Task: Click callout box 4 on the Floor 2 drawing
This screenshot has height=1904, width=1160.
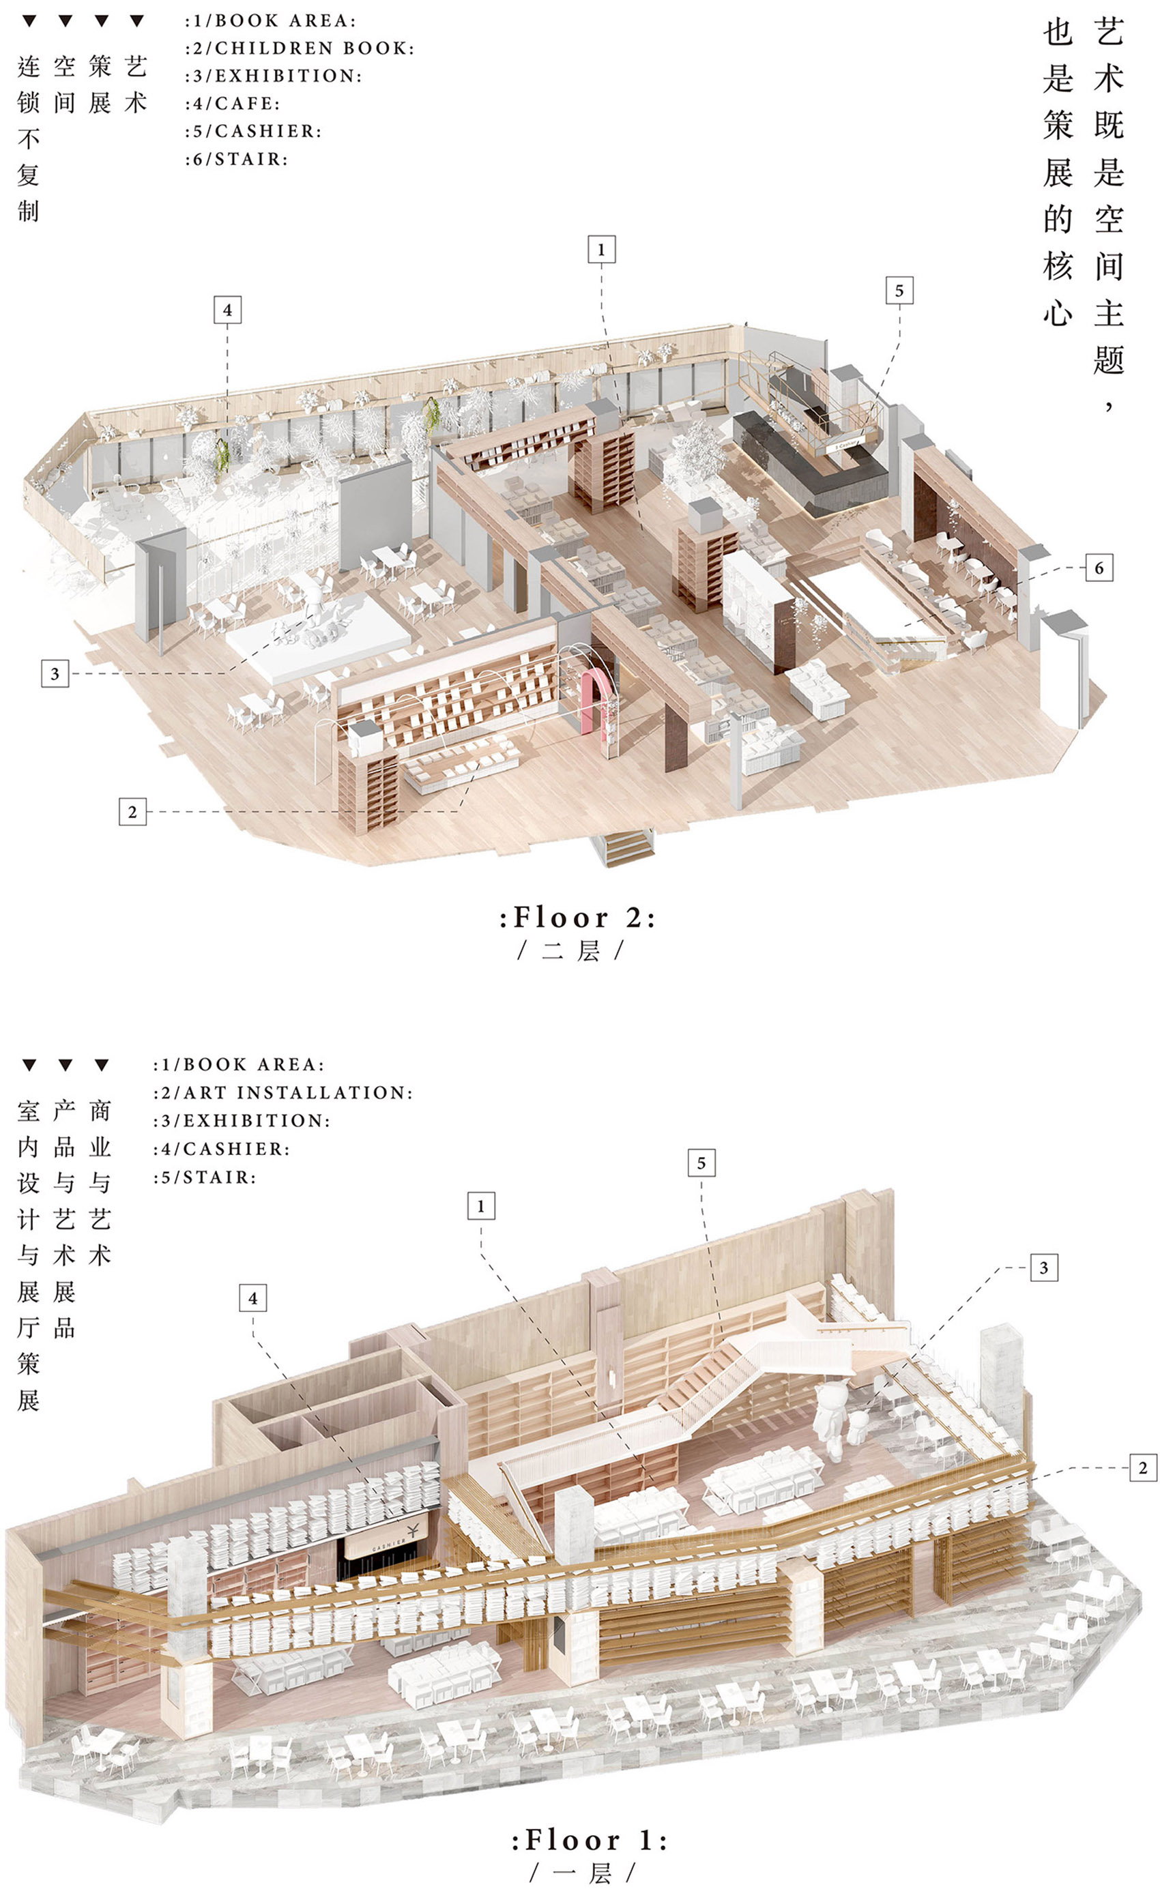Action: [x=227, y=310]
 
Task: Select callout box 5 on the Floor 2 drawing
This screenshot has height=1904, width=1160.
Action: [x=899, y=291]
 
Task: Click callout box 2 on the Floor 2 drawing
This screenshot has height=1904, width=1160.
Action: [x=132, y=811]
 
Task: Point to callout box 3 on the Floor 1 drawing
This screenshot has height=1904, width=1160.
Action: [x=1043, y=1268]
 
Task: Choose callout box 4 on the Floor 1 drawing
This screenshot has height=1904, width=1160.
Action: [x=252, y=1298]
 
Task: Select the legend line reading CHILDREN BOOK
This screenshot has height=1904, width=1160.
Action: [x=300, y=48]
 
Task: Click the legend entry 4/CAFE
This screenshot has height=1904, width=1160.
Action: [x=233, y=104]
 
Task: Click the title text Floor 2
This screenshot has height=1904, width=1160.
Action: [x=577, y=918]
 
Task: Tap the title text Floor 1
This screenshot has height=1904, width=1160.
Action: [x=589, y=1839]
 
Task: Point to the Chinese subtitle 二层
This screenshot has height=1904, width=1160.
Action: [x=570, y=950]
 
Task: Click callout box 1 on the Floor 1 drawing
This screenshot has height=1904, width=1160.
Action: [x=480, y=1205]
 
